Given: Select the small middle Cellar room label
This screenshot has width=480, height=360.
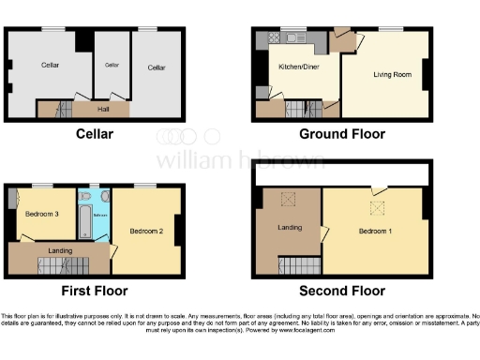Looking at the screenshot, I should (x=112, y=65).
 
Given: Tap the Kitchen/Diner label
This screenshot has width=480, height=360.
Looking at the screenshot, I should (x=297, y=67).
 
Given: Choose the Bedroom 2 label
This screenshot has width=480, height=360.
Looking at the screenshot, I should (x=146, y=231).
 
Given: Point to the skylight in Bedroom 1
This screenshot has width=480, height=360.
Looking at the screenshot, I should (x=379, y=208).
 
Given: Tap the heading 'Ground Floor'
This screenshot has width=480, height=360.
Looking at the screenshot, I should (x=342, y=134).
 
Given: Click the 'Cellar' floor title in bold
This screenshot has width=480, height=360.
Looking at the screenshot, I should (x=94, y=134).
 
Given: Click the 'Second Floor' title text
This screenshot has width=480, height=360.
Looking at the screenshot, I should (x=342, y=291).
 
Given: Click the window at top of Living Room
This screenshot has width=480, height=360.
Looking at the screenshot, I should (x=384, y=28).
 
